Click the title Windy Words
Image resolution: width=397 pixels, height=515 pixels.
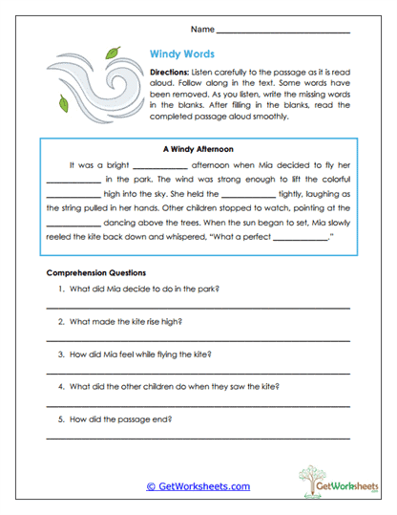[182, 55]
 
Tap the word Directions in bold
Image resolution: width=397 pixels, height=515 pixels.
[172, 73]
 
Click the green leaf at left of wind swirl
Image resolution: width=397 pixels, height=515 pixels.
[64, 102]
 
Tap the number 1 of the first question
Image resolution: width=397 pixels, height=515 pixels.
[60, 289]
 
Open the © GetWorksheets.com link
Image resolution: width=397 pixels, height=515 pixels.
[198, 485]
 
